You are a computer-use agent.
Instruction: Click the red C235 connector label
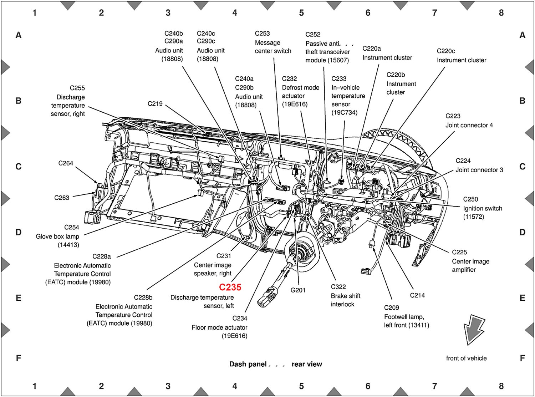[230, 287]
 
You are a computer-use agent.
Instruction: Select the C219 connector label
[155, 104]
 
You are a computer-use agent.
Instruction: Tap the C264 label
[66, 163]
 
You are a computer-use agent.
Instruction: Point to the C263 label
[62, 198]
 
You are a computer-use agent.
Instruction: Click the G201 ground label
[298, 290]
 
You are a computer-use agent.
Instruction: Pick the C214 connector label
[418, 295]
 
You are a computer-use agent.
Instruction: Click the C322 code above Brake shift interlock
[338, 287]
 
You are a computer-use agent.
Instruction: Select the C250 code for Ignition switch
[470, 199]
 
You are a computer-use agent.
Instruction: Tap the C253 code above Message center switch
[263, 34]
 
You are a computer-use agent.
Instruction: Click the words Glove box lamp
[57, 236]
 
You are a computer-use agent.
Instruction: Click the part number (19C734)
[345, 113]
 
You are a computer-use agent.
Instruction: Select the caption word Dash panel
[248, 364]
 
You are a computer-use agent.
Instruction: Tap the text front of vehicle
[466, 358]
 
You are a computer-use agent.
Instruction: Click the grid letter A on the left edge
[19, 35]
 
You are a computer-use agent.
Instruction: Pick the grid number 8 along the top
[501, 13]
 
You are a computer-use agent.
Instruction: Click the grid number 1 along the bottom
[35, 386]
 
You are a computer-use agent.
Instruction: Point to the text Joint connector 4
[469, 125]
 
